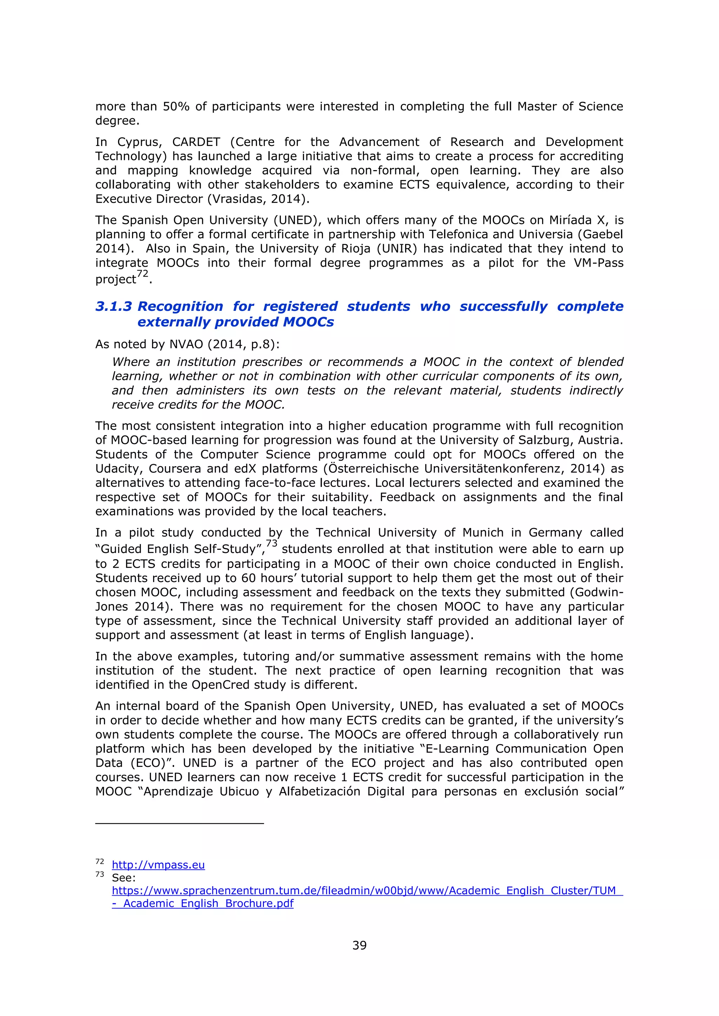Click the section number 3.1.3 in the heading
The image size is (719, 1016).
coord(113,306)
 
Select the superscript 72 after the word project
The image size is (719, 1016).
coord(142,274)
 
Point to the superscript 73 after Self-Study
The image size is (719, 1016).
coord(271,543)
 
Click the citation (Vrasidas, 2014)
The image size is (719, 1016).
coord(258,199)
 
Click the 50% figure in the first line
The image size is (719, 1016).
coord(176,107)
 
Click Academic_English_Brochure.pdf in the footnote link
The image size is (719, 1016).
coord(208,904)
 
